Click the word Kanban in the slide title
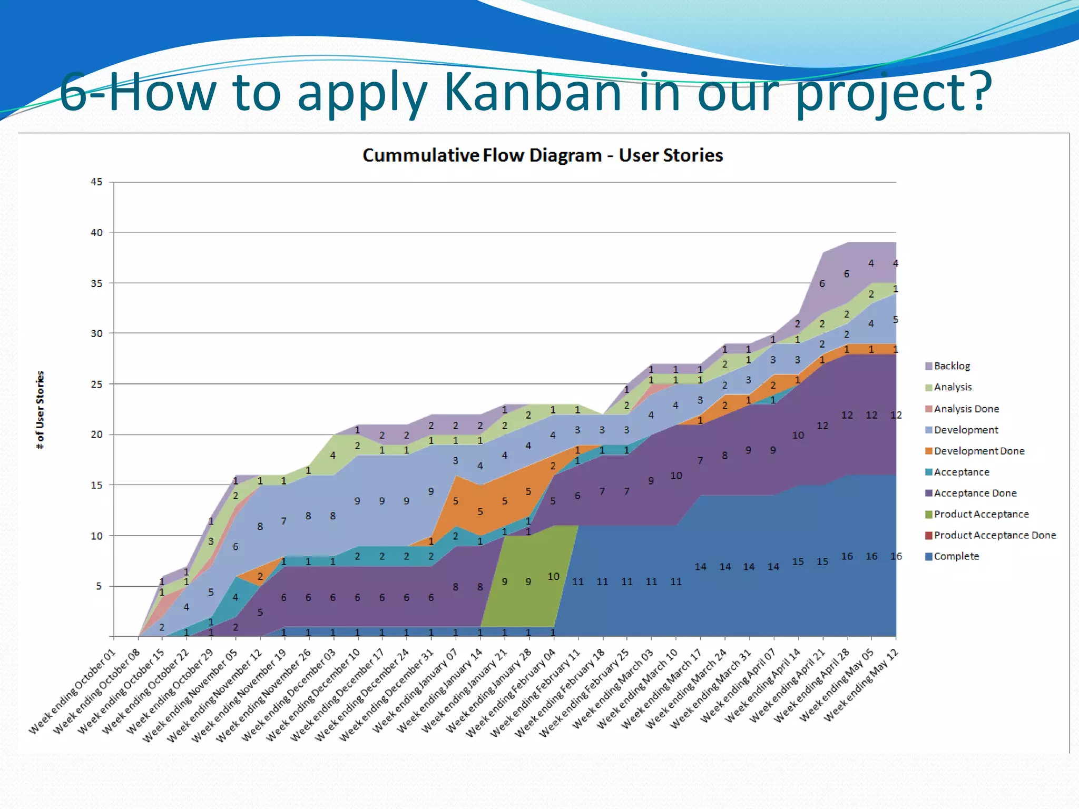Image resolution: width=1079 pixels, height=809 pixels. pos(533,92)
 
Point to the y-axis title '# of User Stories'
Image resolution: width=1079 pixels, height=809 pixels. pos(40,410)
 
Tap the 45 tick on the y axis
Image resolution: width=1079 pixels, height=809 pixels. pos(96,182)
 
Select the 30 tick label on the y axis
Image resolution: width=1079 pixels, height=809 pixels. pos(96,333)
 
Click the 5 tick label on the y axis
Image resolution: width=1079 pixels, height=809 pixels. pos(99,586)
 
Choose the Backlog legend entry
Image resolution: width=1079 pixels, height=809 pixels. pos(951,366)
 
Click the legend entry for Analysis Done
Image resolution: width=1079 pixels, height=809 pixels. pos(966,409)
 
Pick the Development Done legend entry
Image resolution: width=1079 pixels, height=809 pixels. pos(978,451)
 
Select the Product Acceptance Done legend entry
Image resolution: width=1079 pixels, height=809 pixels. pos(994,535)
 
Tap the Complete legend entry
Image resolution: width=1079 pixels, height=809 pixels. pos(956,556)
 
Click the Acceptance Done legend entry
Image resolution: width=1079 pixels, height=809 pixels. pos(975,493)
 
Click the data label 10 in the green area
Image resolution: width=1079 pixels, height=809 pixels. pos(553,577)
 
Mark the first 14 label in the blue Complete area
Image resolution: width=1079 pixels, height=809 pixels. pos(700,567)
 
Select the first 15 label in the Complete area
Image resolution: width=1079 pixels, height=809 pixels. pos(798,561)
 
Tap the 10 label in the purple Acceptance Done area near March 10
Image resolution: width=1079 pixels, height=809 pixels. pos(676,476)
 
